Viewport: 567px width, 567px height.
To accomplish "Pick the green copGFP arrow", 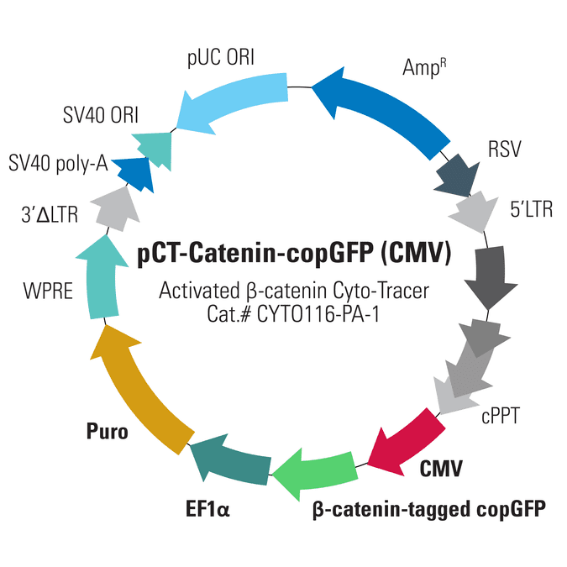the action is (x=318, y=472).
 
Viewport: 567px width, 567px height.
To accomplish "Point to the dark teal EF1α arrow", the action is (x=232, y=459).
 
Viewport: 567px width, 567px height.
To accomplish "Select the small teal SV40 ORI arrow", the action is (x=154, y=149).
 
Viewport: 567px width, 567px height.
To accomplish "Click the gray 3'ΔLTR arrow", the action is (x=116, y=210).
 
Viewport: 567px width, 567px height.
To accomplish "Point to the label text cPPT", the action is (x=501, y=416).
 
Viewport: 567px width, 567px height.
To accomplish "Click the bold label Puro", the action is (x=108, y=431).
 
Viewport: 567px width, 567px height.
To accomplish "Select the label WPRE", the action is (x=48, y=291).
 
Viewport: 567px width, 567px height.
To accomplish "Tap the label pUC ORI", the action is (x=221, y=58).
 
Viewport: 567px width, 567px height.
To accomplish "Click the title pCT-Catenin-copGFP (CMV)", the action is (x=294, y=253).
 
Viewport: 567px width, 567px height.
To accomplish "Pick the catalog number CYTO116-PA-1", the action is (x=318, y=315).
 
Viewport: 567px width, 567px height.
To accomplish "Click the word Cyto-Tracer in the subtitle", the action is (x=381, y=291).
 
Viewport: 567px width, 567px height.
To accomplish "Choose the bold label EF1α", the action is (x=207, y=509).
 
